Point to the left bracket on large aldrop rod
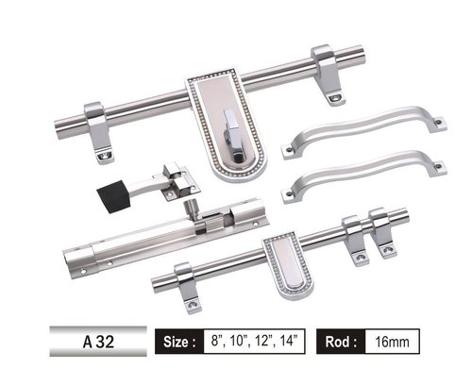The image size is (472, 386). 97,126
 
